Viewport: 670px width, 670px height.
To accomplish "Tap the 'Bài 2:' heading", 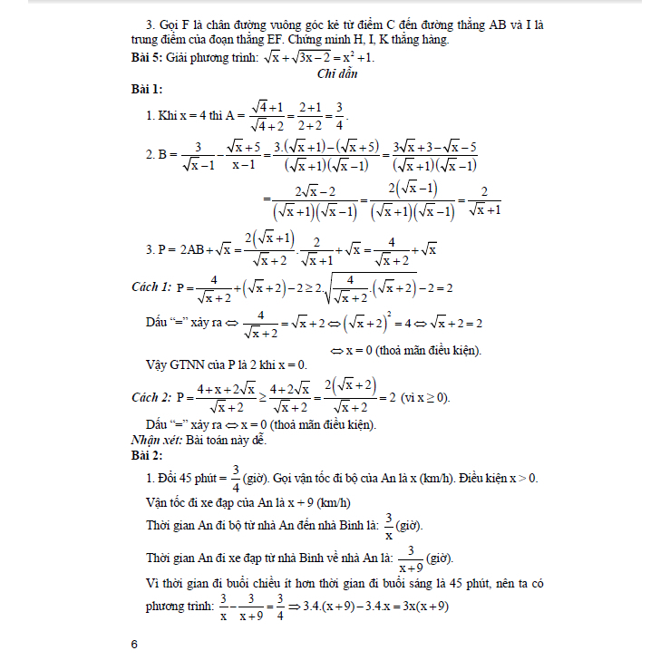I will click(147, 452).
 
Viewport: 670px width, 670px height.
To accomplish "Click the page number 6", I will click(134, 644).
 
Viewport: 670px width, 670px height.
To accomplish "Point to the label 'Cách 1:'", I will click(151, 286).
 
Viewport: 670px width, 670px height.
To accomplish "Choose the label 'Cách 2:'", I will click(151, 396).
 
